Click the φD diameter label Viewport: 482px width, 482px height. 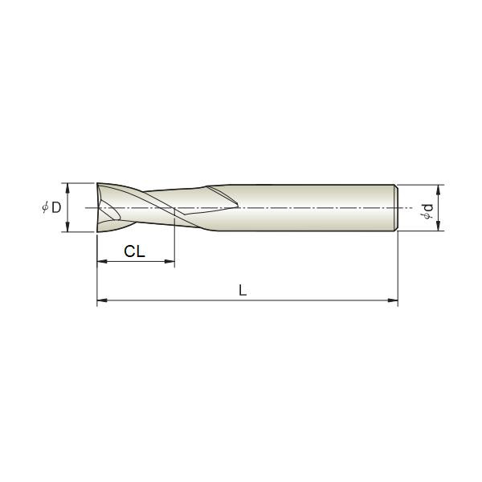click(x=51, y=208)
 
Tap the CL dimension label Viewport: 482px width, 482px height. click(x=134, y=251)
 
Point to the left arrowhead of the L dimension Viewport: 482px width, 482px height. click(x=101, y=301)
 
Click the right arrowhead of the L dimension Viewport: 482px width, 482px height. click(x=394, y=301)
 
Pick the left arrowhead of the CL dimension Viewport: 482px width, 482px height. click(x=101, y=262)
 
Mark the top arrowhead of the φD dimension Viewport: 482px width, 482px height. click(x=67, y=187)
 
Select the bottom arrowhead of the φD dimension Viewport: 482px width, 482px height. click(x=67, y=229)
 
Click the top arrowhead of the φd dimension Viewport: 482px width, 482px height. click(x=439, y=190)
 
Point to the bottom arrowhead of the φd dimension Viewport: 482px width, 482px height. click(x=439, y=228)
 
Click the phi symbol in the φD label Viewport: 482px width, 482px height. click(x=45, y=208)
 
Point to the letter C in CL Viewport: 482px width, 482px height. click(x=129, y=251)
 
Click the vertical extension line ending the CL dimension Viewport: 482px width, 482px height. click(x=174, y=241)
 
